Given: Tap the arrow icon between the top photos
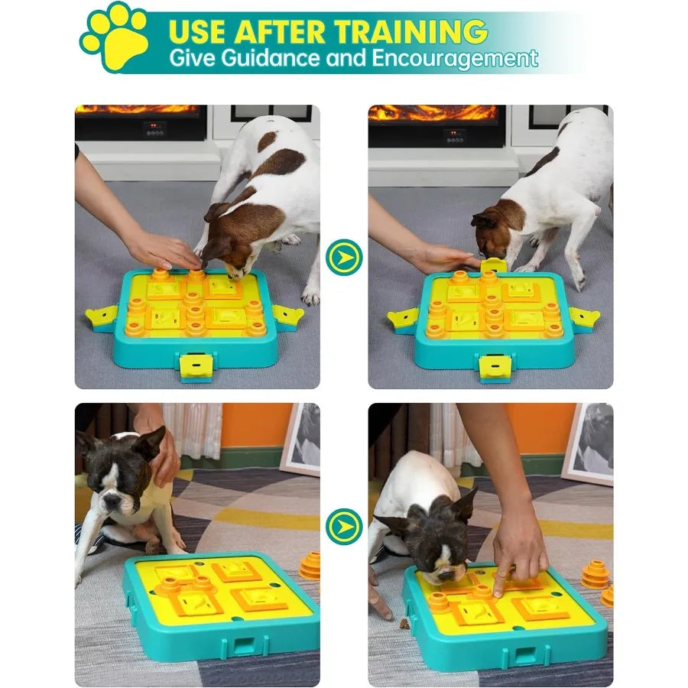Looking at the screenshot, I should pyautogui.click(x=344, y=258).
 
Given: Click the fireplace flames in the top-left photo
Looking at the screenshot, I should pyautogui.click(x=138, y=109).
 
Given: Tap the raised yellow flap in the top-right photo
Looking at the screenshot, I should pyautogui.click(x=494, y=265).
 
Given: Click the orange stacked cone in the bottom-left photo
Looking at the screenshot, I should pyautogui.click(x=310, y=565).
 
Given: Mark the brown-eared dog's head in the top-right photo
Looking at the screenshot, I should pyautogui.click(x=493, y=234).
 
